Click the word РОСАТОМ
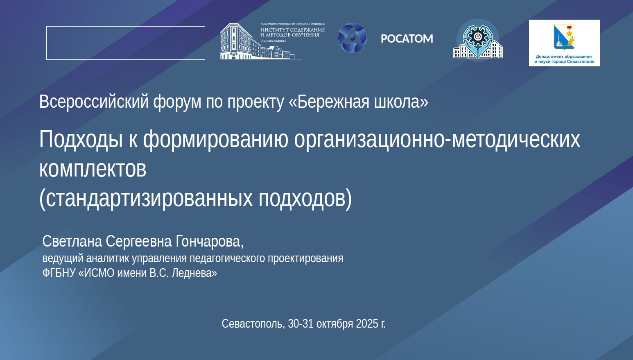407,39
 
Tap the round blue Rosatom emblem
352,38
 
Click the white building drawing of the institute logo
257,41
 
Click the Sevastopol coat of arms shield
564,37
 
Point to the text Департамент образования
564,57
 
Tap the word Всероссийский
94,102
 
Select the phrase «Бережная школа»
359,102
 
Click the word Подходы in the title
81,140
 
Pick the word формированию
216,140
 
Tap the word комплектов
93,169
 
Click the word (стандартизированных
146,199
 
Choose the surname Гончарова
209,242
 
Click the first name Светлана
72,241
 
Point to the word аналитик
108,258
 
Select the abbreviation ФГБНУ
59,273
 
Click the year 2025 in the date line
367,324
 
